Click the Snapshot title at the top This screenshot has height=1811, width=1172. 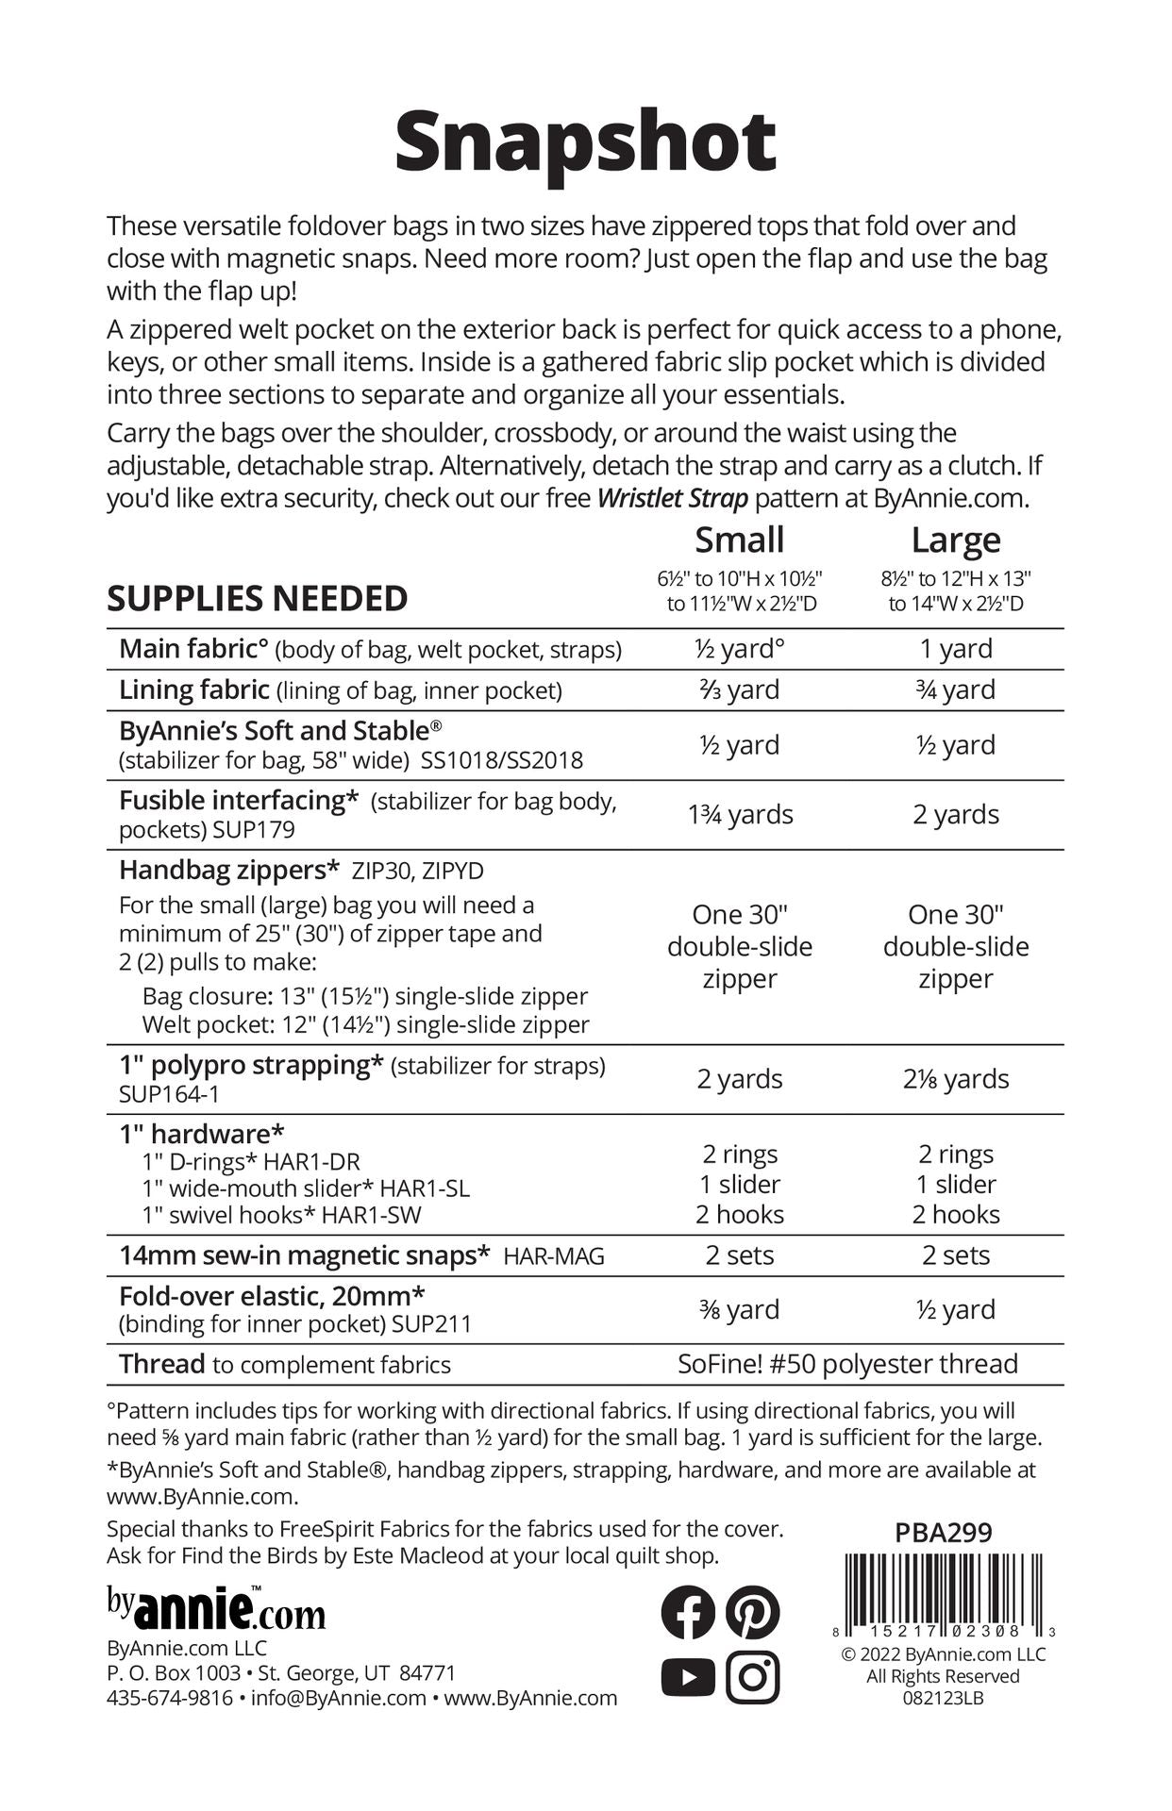pyautogui.click(x=585, y=143)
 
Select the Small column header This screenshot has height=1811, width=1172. pyautogui.click(x=740, y=540)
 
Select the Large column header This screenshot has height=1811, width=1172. pyautogui.click(x=955, y=540)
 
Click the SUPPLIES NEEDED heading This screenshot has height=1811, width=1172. pyautogui.click(x=257, y=599)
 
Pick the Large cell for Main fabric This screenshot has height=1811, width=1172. pyautogui.click(x=955, y=649)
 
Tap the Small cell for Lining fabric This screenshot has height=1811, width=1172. pyautogui.click(x=740, y=690)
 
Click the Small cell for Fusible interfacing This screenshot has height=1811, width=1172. pyautogui.click(x=740, y=814)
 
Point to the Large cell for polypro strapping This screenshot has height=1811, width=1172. pyautogui.click(x=955, y=1079)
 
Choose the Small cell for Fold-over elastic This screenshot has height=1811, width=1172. pyautogui.click(x=740, y=1309)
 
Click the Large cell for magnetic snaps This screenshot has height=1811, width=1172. pyautogui.click(x=955, y=1255)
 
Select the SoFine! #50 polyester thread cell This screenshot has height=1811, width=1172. pyautogui.click(x=847, y=1364)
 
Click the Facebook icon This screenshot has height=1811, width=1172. pyautogui.click(x=688, y=1612)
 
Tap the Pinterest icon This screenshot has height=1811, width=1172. pyautogui.click(x=752, y=1612)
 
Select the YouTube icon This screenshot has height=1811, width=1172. pyautogui.click(x=688, y=1677)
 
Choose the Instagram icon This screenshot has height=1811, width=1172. pyautogui.click(x=752, y=1677)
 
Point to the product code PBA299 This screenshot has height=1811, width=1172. pyautogui.click(x=944, y=1533)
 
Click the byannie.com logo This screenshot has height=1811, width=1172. pyautogui.click(x=216, y=1610)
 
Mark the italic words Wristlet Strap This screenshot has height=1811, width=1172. pyautogui.click(x=672, y=498)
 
